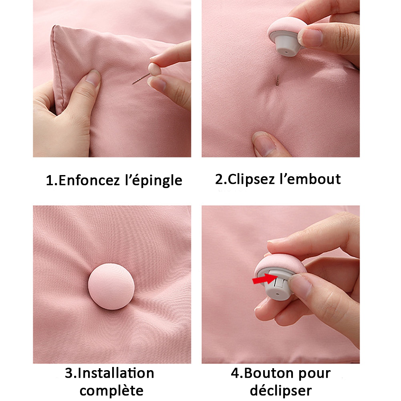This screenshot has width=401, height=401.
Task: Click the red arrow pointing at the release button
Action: tap(261, 279)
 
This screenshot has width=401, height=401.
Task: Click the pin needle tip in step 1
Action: tap(134, 83)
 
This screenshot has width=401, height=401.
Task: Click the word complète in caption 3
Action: tap(114, 390)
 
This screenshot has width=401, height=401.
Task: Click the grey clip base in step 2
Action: tap(285, 47)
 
